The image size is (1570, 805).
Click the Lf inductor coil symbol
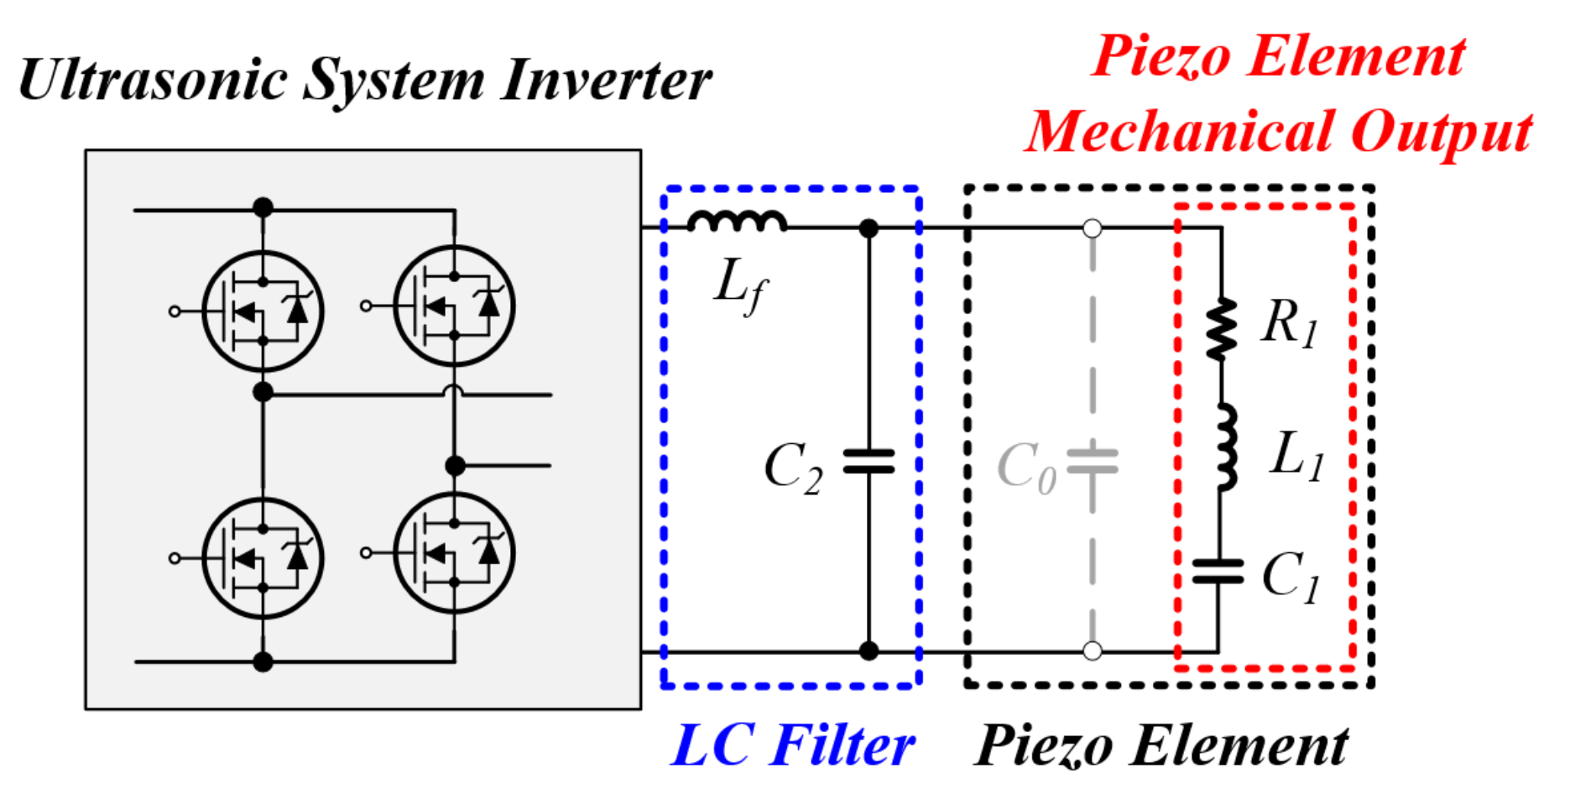point(737,221)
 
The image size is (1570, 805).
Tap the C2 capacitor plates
point(868,462)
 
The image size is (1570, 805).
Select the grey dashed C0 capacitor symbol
point(1092,463)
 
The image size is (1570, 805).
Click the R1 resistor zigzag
point(1221,329)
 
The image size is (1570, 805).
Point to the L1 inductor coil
point(1225,447)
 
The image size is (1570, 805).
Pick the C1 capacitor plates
point(1218,572)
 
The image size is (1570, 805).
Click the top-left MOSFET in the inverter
point(263,311)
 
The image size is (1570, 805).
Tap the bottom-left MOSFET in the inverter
point(263,558)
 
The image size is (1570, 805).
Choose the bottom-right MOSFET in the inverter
point(454,553)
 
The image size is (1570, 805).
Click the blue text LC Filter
point(792,745)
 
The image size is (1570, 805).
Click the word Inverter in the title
point(606,81)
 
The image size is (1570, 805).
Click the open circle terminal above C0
point(1092,228)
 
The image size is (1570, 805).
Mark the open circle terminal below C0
point(1092,651)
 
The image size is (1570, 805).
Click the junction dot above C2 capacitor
point(869,228)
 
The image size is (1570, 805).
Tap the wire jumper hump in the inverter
point(454,390)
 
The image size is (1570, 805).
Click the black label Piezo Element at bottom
point(1161,745)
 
